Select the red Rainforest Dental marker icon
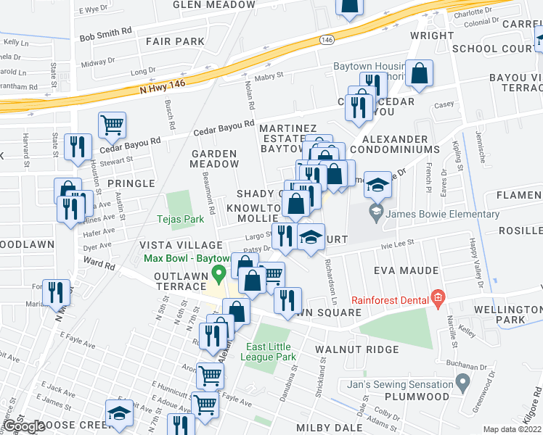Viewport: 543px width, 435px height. (x=436, y=297)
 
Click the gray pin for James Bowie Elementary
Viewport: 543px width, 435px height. (x=375, y=212)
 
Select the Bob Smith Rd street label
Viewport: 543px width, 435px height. (x=106, y=33)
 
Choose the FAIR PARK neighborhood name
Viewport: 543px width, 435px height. (x=175, y=41)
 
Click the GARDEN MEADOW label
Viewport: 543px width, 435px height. (x=214, y=159)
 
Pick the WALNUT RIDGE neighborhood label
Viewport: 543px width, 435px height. (x=357, y=349)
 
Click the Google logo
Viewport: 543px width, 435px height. (x=24, y=426)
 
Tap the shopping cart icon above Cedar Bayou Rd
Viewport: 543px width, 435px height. (x=112, y=125)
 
